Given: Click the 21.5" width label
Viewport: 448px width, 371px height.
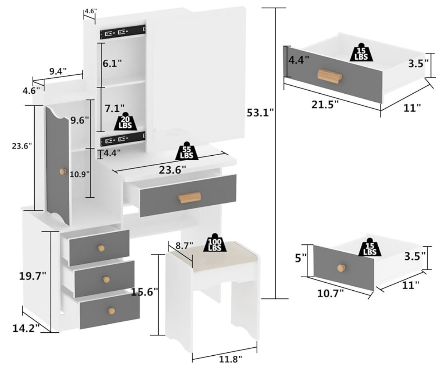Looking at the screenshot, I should pyautogui.click(x=325, y=105).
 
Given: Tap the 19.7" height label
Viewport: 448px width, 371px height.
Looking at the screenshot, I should pyautogui.click(x=33, y=275).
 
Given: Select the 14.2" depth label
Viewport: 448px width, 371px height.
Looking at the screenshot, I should pyautogui.click(x=26, y=328).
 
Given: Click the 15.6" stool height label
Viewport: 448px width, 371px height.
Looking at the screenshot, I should pyautogui.click(x=144, y=292).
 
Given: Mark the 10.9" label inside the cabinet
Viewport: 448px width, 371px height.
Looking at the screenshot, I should pyautogui.click(x=80, y=174).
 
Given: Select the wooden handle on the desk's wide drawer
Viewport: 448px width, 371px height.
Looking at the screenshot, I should pyautogui.click(x=189, y=198).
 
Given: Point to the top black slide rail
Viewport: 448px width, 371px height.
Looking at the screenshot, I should pyautogui.click(x=123, y=32).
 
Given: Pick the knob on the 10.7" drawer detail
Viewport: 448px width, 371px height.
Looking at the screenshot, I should pyautogui.click(x=340, y=268).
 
